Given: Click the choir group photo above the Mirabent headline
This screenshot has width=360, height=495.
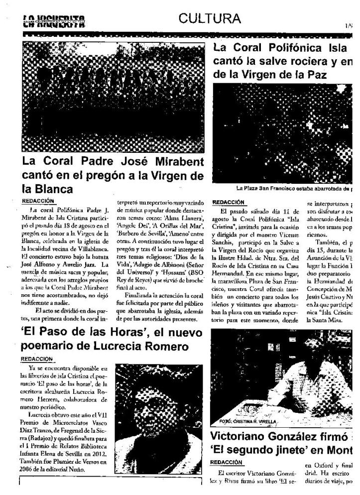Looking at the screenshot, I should tap(113, 97).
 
